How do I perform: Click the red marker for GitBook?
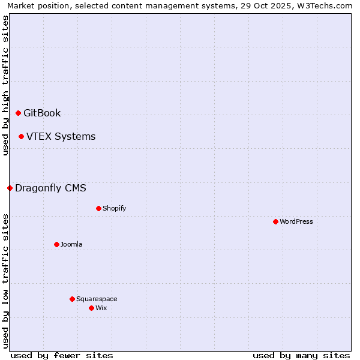coord(18,113)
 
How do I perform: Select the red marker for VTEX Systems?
coord(21,136)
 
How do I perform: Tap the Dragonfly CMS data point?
coord(10,188)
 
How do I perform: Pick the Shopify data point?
coord(98,208)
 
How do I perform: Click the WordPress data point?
coord(275,221)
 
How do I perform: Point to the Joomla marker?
coord(56,244)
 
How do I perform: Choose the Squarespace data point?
coord(72,299)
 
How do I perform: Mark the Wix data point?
coord(91,308)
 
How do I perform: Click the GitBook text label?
coord(42,113)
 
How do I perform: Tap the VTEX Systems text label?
coord(61,136)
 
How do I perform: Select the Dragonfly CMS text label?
coord(50,188)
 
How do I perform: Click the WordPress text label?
coord(296,221)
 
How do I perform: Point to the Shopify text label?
coord(114,208)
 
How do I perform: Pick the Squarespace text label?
coord(97,299)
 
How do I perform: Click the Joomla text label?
coord(71,244)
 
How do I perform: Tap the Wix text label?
coord(101,308)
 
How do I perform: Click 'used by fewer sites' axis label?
coord(62,355)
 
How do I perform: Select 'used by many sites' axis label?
coord(301,355)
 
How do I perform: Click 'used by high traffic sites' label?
coord(5,85)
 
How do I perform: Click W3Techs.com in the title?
coord(323,5)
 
